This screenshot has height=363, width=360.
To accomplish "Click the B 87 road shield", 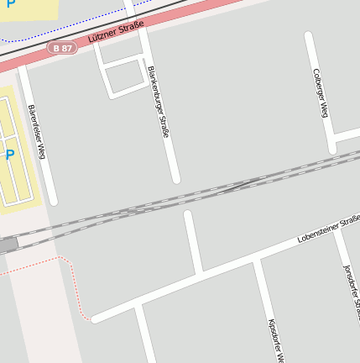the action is (62, 49).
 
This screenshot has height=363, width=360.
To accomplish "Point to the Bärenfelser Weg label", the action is (36, 132).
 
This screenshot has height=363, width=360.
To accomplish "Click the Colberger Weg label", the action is (321, 92).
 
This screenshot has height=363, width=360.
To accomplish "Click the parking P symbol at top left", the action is (10, 4).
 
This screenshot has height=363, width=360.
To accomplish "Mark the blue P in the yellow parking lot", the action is (10, 155).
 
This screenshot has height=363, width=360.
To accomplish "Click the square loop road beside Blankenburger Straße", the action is (123, 77).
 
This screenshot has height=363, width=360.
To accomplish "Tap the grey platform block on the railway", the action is (8, 245).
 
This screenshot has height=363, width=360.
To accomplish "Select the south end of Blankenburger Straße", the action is (176, 179).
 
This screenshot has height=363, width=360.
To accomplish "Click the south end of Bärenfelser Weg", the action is (54, 201).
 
